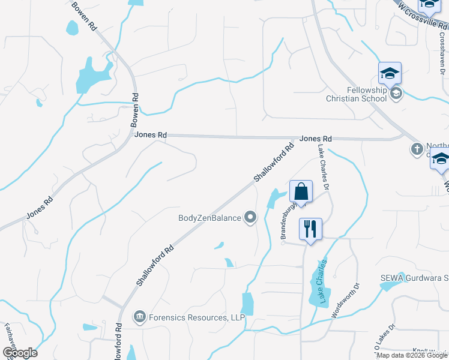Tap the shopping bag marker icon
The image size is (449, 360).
tap(301, 192)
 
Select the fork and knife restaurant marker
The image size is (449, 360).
tap(310, 229)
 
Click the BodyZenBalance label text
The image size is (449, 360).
tap(210, 218)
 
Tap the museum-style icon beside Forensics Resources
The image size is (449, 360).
tap(139, 316)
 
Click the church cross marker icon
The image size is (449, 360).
tap(417, 148)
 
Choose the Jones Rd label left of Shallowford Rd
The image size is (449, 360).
tap(150, 136)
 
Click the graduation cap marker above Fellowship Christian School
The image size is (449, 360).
tap(390, 73)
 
